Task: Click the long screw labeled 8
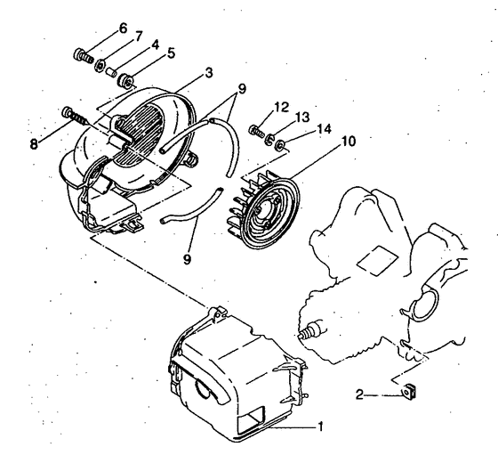coord(73,116)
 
